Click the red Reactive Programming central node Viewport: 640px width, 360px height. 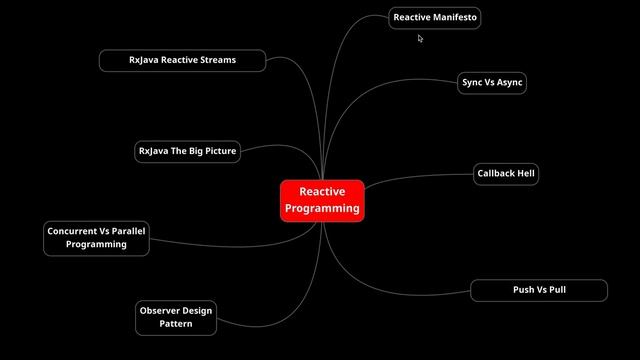tap(321, 200)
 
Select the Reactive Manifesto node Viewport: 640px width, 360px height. tap(435, 18)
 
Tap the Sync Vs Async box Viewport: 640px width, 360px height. tap(492, 83)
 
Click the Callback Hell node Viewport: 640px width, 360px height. tap(506, 173)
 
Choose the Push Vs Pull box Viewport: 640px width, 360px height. tap(539, 290)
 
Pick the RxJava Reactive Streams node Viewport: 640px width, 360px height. tap(182, 60)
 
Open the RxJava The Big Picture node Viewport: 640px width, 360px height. tap(188, 152)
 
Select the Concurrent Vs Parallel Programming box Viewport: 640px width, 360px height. tap(96, 237)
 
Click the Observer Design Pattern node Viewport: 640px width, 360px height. tap(176, 317)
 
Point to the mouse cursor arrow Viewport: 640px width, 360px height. tap(420, 38)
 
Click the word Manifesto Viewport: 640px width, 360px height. tap(455, 18)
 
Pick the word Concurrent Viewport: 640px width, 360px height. tap(72, 231)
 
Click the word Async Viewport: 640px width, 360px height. tap(508, 83)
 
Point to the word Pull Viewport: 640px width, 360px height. tap(557, 290)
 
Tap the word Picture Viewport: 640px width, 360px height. tap(217, 152)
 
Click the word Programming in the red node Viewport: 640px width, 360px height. tap(321, 209)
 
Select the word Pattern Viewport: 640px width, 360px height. tap(176, 324)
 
